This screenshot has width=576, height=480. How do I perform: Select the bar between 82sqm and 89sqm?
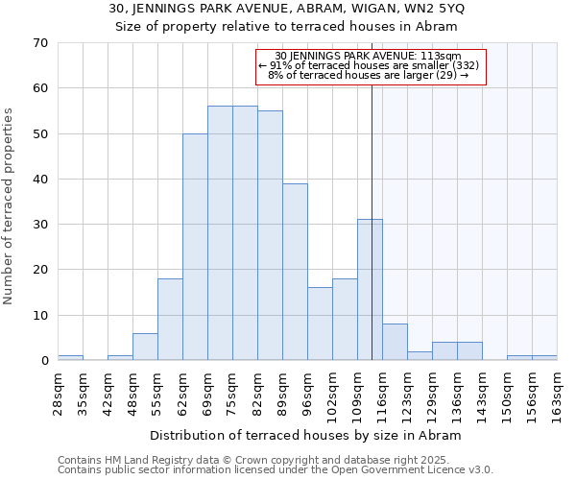coord(270,235)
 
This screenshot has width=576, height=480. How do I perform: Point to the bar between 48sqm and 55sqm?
coord(145,347)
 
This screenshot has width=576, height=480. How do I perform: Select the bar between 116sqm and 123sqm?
coord(395,342)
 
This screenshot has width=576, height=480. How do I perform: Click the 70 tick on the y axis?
coord(41,43)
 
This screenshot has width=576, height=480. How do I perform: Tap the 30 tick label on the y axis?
coord(41,225)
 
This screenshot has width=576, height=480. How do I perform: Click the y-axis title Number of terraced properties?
coord(10,206)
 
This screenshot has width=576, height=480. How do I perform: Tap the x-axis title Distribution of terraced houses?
coord(306,435)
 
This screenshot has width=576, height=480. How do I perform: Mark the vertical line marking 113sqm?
coord(372,221)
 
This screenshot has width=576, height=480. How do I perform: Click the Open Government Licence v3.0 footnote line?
coord(276,469)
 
